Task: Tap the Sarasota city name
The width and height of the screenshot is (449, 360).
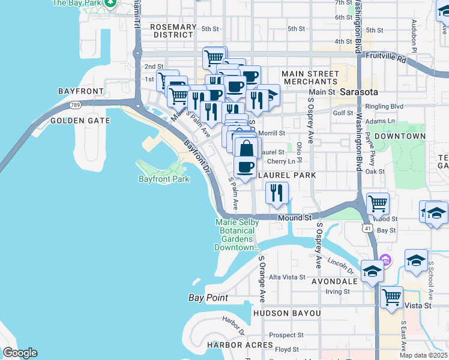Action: (x=358, y=92)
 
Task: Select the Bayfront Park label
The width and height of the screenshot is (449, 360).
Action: (x=164, y=179)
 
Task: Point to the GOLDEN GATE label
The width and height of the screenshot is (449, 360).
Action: (x=80, y=121)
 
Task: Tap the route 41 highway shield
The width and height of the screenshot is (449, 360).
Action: (x=366, y=228)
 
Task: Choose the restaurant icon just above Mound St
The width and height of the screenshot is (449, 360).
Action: (x=277, y=193)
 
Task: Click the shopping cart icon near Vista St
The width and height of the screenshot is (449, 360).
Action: (x=391, y=296)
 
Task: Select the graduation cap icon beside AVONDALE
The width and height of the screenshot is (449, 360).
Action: (x=372, y=272)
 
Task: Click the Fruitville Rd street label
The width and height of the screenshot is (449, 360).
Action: (x=386, y=60)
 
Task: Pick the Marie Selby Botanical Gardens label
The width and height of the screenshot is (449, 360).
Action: (x=237, y=235)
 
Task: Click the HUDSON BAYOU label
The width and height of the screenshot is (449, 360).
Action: (x=287, y=313)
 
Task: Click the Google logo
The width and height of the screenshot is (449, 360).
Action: (x=20, y=353)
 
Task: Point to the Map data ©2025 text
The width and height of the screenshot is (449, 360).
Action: (x=423, y=355)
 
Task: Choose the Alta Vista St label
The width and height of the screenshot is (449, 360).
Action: (x=287, y=277)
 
